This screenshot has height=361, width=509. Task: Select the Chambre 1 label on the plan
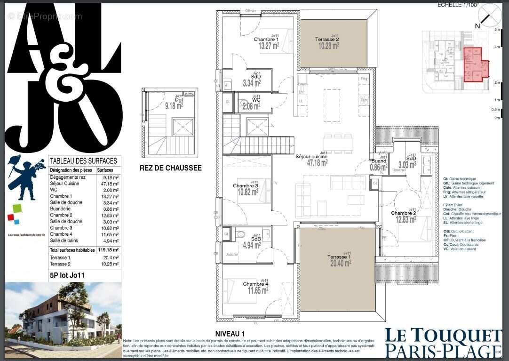coord(266,40)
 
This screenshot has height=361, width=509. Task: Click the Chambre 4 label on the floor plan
coord(255,284)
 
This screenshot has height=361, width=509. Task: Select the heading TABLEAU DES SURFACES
coord(83,161)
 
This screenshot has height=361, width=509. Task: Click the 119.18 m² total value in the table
coord(108,250)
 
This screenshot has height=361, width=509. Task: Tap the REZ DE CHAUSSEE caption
coord(170,168)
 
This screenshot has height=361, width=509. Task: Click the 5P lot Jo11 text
coord(67,276)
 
